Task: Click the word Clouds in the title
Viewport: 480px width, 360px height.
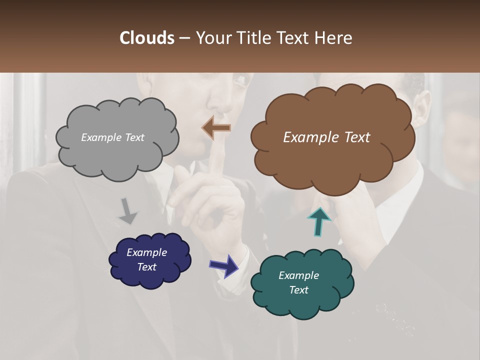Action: tap(146, 38)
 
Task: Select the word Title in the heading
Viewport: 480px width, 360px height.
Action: tap(252, 38)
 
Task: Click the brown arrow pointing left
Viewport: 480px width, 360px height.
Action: tap(216, 128)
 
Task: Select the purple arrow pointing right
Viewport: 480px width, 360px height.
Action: tap(223, 265)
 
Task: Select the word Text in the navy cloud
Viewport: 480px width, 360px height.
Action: tap(147, 267)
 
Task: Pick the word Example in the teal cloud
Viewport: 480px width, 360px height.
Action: tap(298, 275)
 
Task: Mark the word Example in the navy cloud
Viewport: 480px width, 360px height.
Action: tap(146, 252)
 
